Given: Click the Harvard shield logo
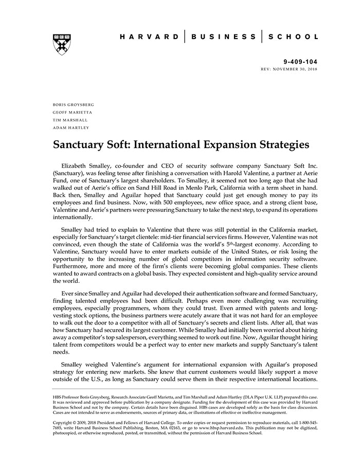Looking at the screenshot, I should [62, 44].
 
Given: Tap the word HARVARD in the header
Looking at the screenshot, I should [150, 37].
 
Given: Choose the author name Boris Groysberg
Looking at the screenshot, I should [74, 104].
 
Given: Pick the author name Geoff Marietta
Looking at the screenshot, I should [73, 112].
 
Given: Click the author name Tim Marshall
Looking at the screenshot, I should [70, 120].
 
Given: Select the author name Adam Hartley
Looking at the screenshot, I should [71, 128].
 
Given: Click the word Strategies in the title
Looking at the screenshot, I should [284, 145].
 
